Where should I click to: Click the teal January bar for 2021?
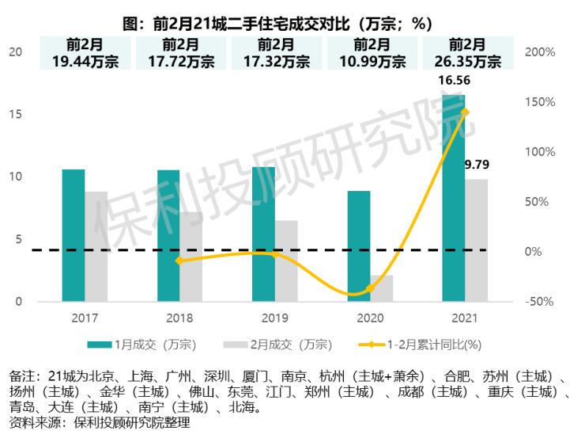tap(453, 198)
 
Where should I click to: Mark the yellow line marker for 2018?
tap(179, 260)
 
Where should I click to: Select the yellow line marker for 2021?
tap(464, 112)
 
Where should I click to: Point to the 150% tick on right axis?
tap(541, 101)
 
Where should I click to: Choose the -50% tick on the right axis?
tap(541, 302)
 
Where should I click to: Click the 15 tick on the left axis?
tap(15, 114)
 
